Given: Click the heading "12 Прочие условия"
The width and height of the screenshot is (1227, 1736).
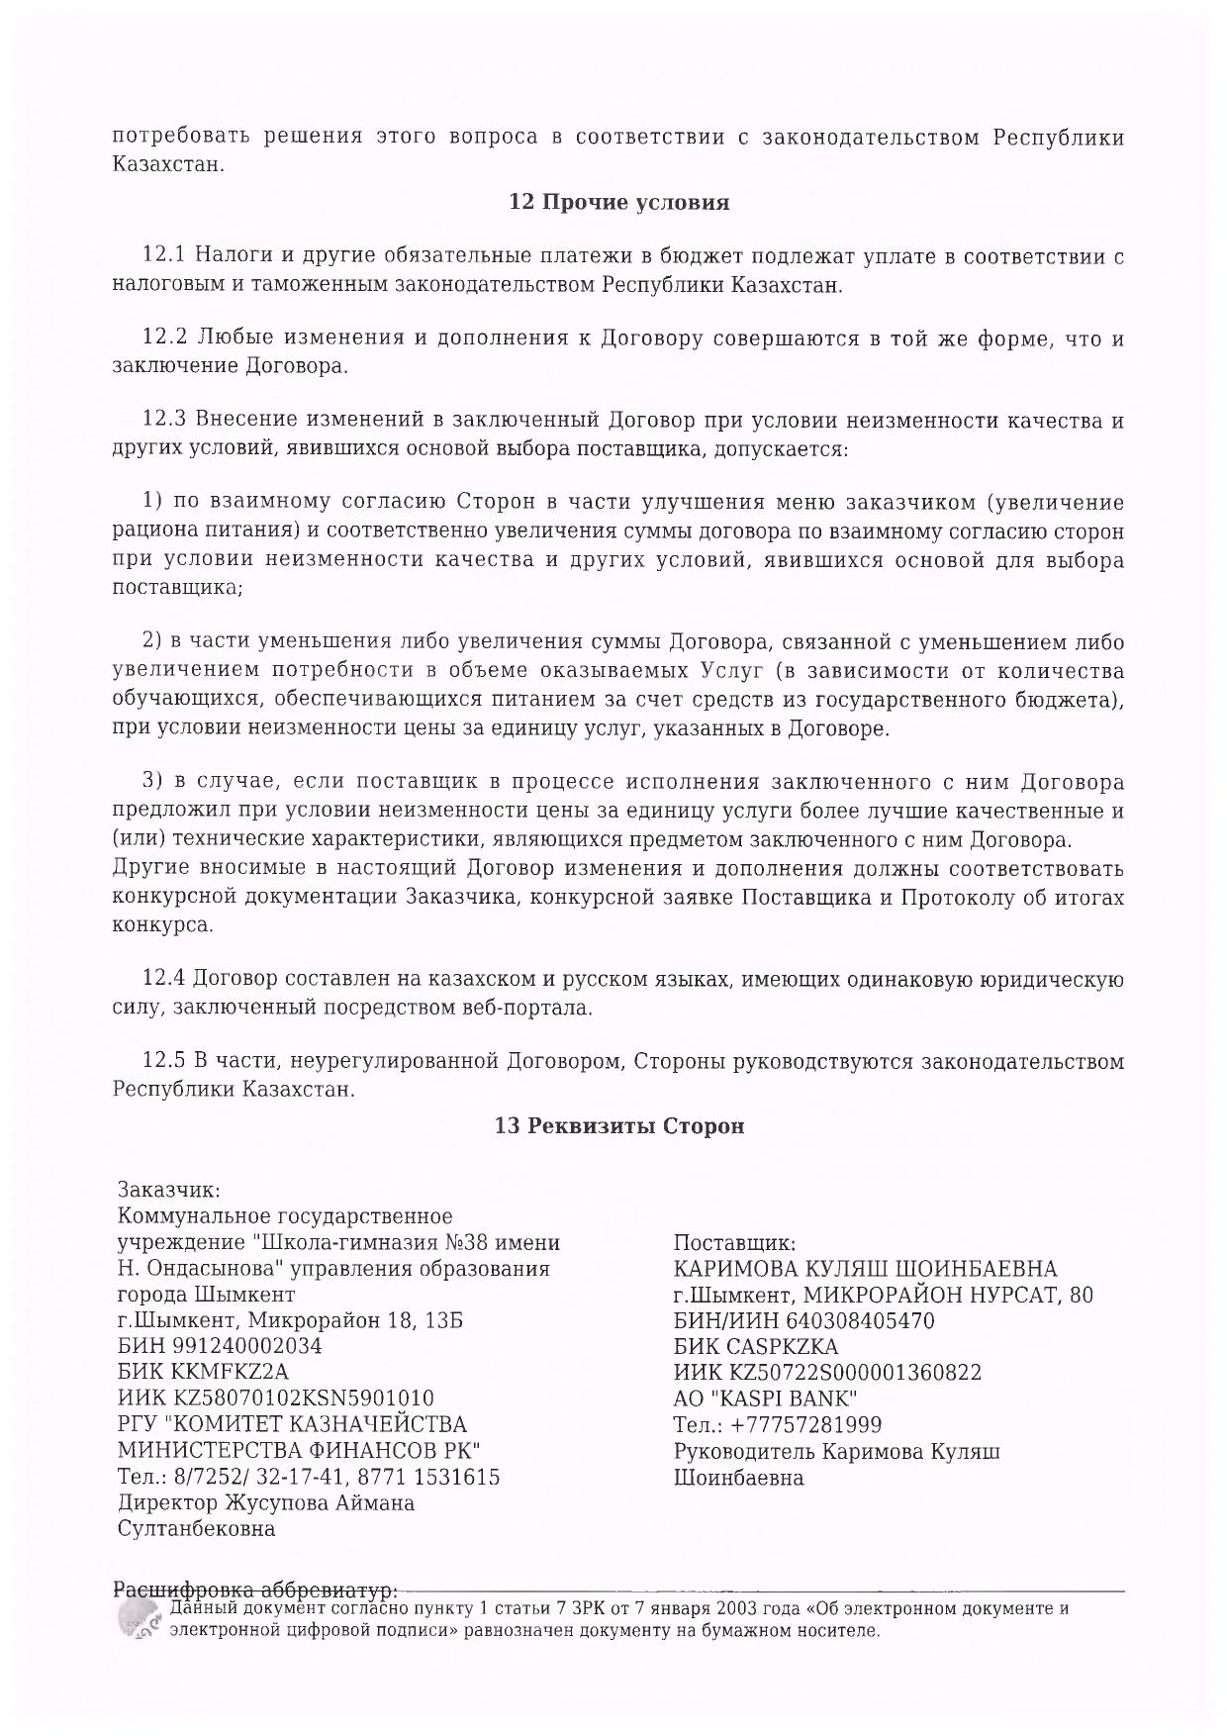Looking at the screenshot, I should [x=618, y=203].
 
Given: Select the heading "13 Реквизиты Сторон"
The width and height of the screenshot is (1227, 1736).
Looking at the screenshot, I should [x=618, y=1126].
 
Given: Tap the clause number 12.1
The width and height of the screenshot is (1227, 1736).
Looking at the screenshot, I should [x=164, y=257].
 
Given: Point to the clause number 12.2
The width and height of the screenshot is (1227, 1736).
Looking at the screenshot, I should [x=164, y=338].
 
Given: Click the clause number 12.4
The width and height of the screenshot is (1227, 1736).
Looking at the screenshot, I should [x=164, y=980].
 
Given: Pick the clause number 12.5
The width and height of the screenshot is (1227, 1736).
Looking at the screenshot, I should [x=164, y=1062].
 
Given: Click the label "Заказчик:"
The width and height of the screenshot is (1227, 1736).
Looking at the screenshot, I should [x=169, y=1190].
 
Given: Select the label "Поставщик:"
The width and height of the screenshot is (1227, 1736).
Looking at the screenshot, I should [x=734, y=1243].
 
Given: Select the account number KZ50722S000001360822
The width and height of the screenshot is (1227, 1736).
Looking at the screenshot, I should [x=856, y=1373].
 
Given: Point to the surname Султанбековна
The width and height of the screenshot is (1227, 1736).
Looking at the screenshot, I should [x=196, y=1529].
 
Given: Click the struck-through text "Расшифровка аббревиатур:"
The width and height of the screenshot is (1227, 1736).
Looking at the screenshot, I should [x=256, y=1591].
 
